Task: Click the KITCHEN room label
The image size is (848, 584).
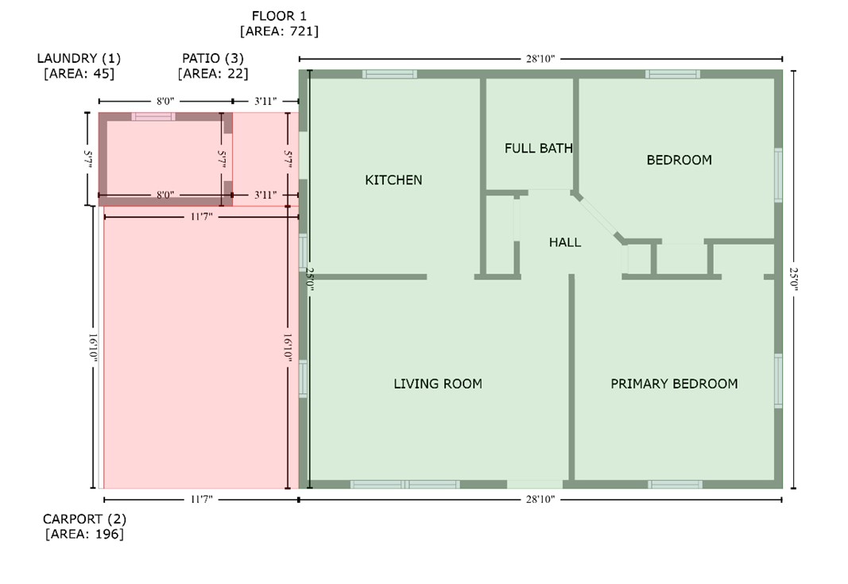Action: [393, 180]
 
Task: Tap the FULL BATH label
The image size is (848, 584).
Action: [539, 148]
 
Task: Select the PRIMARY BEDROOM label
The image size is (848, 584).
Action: [674, 384]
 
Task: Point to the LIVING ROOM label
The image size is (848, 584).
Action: [438, 384]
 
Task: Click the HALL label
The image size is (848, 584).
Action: [565, 242]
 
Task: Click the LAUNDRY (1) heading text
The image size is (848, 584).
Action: [79, 59]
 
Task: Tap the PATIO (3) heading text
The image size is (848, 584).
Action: [212, 59]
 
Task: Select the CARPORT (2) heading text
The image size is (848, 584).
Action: [84, 519]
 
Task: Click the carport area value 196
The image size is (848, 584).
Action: [107, 534]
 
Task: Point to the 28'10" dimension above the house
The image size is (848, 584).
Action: [540, 59]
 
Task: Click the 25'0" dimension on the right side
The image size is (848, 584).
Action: [793, 279]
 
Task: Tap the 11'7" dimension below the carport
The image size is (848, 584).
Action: [201, 499]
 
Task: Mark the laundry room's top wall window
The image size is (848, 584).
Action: [153, 116]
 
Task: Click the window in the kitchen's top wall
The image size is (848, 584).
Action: [389, 74]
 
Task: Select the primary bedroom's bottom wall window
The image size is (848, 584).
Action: [676, 484]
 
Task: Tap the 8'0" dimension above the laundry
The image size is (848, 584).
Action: [165, 101]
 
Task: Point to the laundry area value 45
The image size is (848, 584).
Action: [103, 74]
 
